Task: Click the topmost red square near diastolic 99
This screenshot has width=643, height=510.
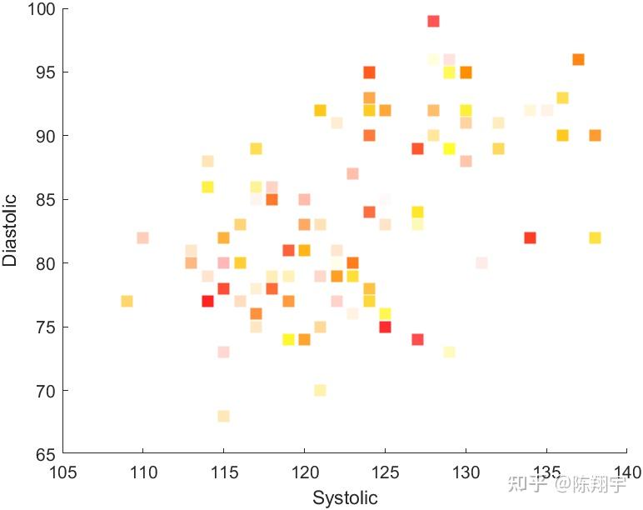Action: [433, 21]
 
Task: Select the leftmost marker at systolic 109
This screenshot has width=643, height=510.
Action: [127, 301]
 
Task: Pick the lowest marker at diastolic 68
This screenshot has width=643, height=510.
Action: [223, 416]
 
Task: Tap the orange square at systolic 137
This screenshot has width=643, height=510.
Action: [578, 59]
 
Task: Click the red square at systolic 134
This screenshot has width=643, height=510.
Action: [530, 237]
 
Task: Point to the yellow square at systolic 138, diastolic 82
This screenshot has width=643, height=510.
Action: [595, 237]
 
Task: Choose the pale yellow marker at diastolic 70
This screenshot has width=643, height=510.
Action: [321, 390]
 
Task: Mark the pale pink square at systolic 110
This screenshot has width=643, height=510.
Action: [142, 237]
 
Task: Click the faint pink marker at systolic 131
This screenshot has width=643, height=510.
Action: [482, 263]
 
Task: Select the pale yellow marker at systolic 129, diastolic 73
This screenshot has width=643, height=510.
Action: [450, 352]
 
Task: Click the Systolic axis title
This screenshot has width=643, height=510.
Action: [345, 497]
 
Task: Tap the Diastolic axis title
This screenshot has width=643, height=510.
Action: [10, 230]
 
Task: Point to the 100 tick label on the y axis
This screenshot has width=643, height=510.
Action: [42, 9]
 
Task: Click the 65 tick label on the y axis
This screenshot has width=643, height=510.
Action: [45, 455]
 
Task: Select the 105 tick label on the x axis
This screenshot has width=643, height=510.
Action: [62, 472]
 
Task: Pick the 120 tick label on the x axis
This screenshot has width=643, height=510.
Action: [305, 472]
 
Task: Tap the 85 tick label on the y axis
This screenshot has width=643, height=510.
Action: [45, 200]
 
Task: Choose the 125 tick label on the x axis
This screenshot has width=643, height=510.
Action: [385, 472]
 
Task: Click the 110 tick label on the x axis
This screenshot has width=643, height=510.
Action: [143, 472]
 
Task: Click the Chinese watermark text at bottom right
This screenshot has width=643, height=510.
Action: [566, 484]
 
